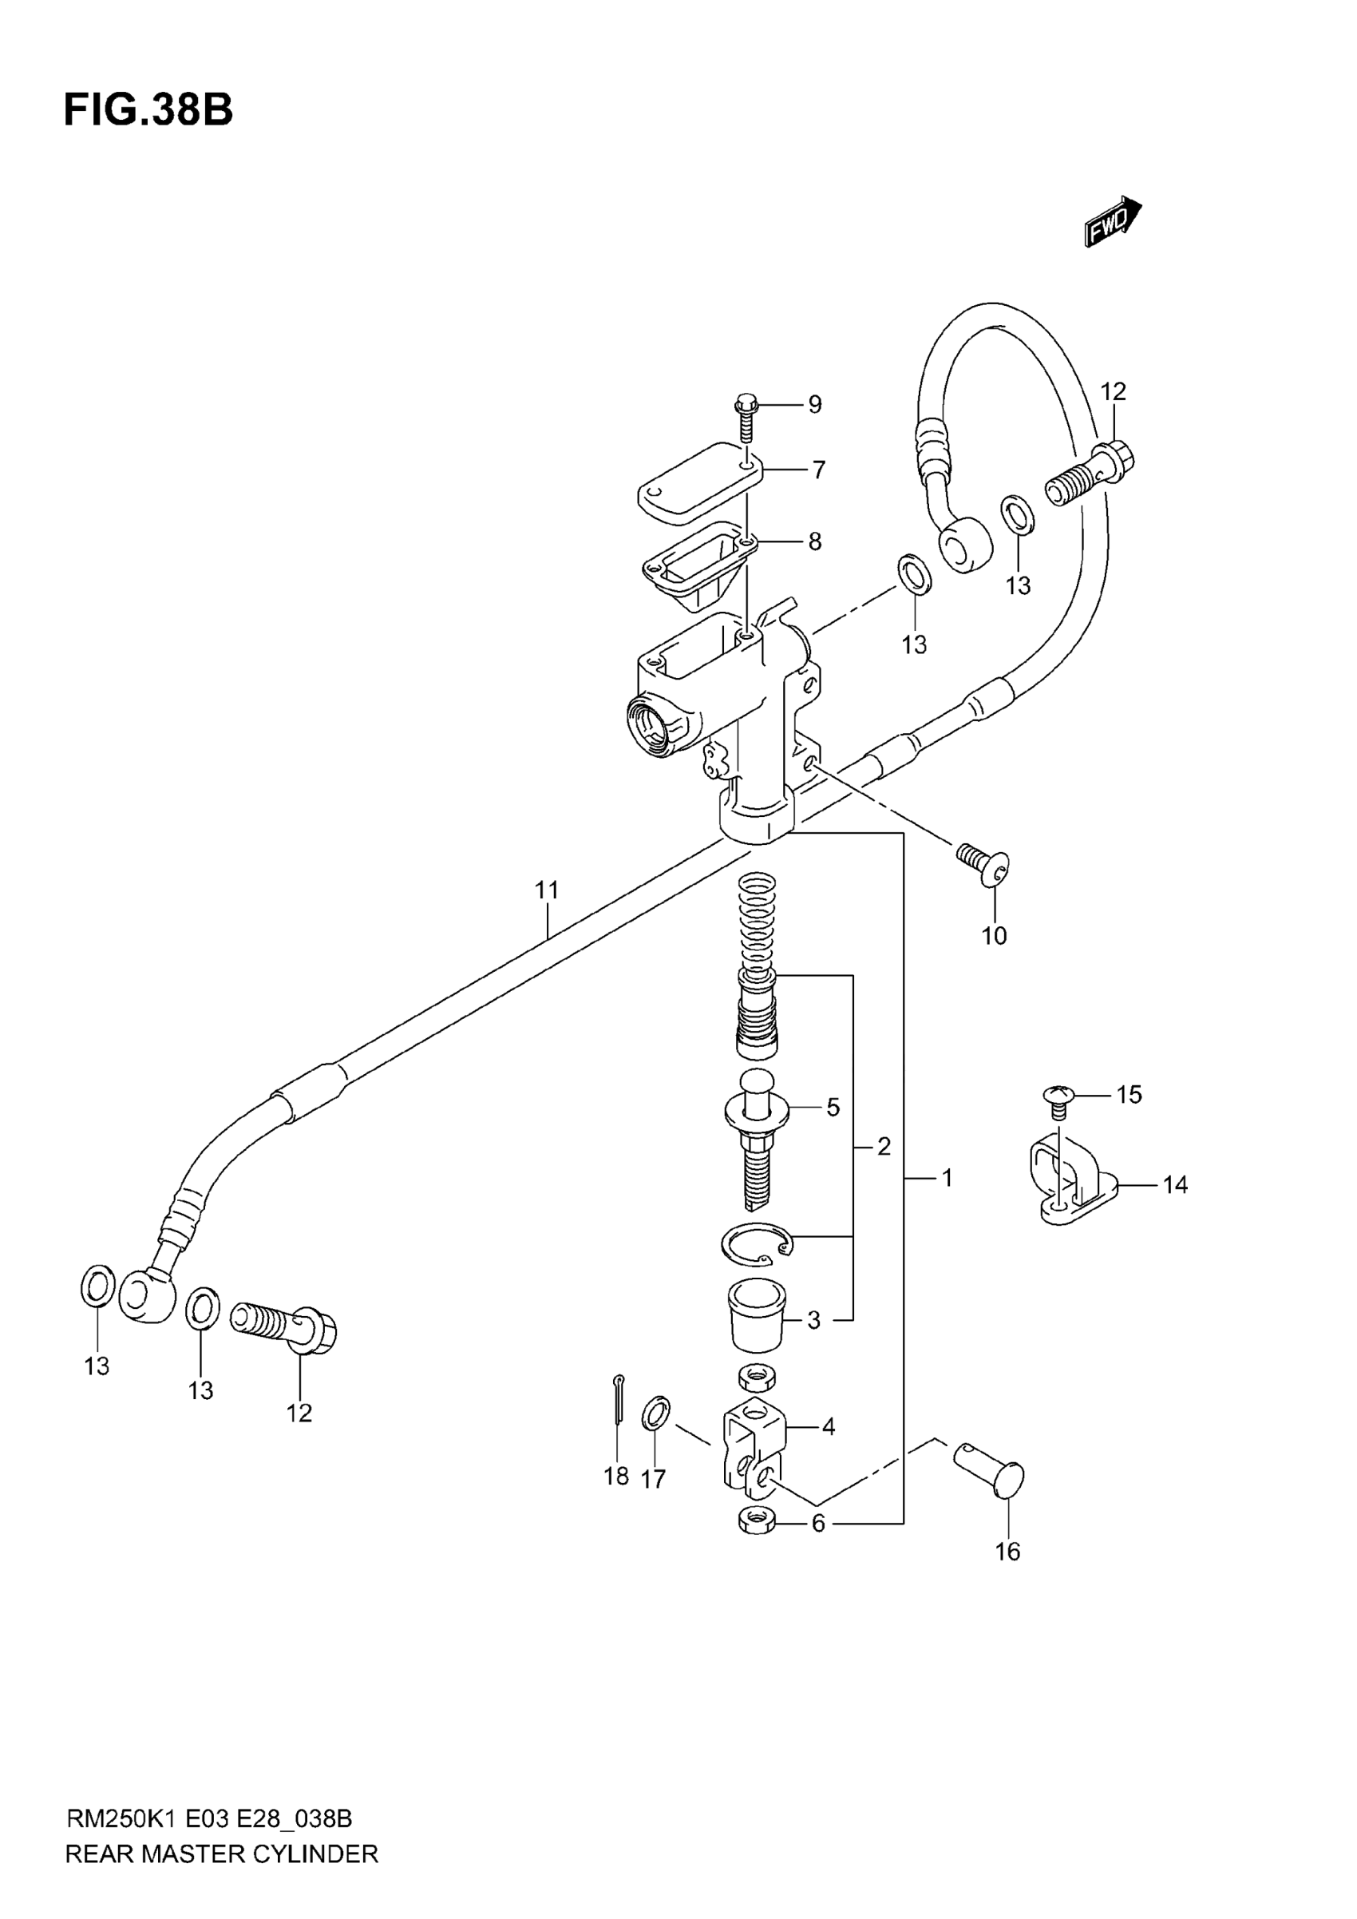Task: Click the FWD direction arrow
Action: (x=1113, y=221)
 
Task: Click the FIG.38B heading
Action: (x=148, y=109)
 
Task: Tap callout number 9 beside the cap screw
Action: (x=814, y=405)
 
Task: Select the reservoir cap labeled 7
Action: (x=700, y=484)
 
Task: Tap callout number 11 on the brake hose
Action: (x=547, y=890)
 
